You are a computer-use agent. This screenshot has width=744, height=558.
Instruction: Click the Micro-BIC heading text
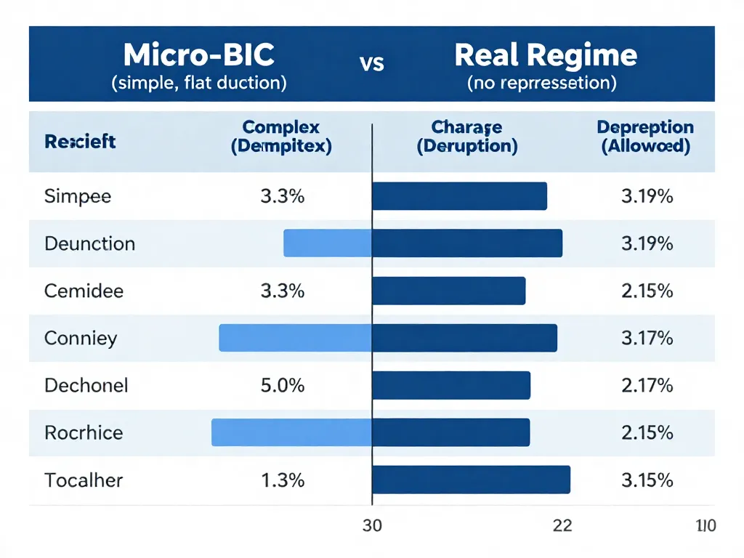point(199,55)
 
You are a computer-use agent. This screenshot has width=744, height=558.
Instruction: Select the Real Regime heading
point(546,55)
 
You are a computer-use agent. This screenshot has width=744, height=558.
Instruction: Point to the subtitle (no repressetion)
point(541,83)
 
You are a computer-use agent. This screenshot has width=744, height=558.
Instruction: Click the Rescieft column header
point(80,142)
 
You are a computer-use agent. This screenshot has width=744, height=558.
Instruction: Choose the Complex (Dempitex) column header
point(281,137)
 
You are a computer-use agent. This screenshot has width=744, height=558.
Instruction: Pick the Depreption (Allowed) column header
point(645,137)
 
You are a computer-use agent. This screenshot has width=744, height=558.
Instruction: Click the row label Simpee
point(78,196)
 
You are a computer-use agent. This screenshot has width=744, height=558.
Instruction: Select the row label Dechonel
point(86,385)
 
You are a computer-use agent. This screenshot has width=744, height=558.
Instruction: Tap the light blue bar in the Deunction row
point(328,243)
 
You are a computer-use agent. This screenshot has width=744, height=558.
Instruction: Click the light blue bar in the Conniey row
point(296,338)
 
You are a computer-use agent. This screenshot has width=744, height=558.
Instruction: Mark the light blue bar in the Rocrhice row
point(292,432)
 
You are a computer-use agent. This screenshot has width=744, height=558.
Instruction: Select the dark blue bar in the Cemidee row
point(448,291)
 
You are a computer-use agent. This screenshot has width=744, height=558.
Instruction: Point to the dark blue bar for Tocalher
point(471,480)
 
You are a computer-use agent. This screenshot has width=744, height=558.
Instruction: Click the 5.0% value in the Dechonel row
point(282,385)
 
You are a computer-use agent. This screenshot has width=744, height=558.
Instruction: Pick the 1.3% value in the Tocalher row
point(282,480)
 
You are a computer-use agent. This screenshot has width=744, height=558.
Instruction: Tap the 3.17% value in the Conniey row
point(647,338)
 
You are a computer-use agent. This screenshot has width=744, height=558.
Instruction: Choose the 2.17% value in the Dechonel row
point(647,385)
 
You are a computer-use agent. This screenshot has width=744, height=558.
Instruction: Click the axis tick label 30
point(372,525)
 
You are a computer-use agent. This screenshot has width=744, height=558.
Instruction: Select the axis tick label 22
point(562,525)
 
